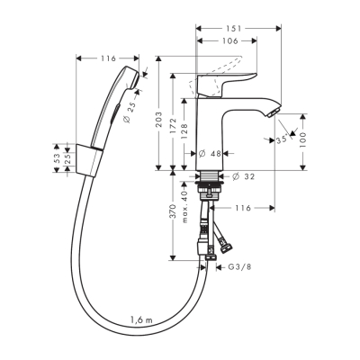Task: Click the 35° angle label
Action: [282, 139]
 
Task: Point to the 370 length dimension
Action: [172, 217]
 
